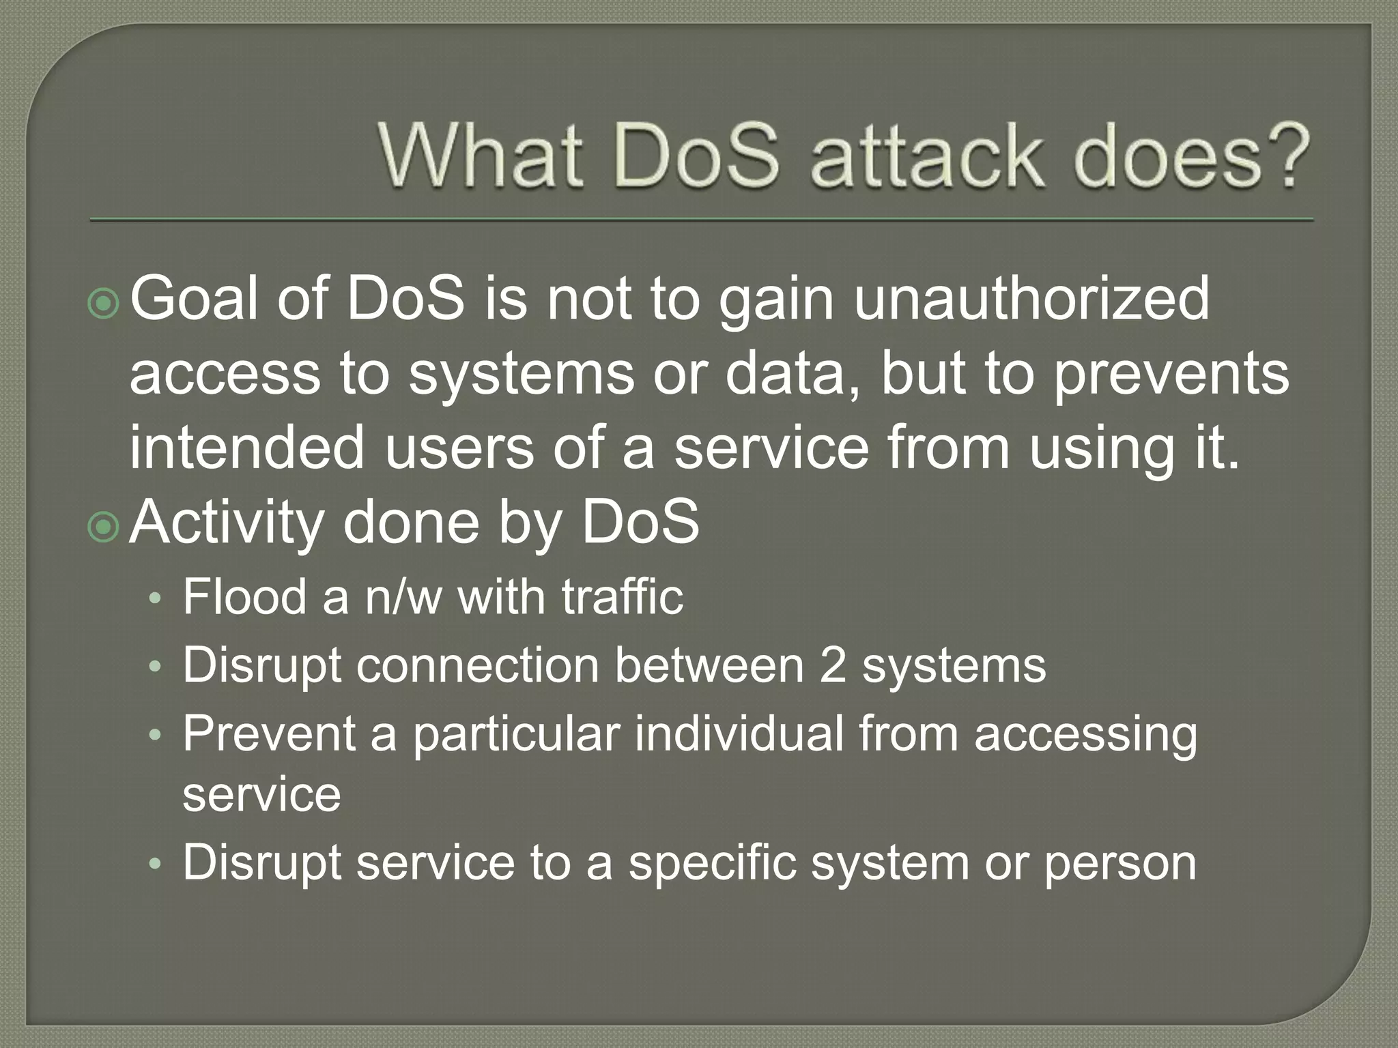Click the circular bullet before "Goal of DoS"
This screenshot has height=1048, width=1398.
[x=104, y=304]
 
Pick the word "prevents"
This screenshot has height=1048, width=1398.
[x=1171, y=375]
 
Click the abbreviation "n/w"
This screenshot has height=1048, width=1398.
[x=403, y=597]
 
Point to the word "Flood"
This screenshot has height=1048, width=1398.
[x=244, y=597]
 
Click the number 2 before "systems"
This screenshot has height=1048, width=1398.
[x=833, y=665]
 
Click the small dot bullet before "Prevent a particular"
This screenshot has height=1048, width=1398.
[x=156, y=736]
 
